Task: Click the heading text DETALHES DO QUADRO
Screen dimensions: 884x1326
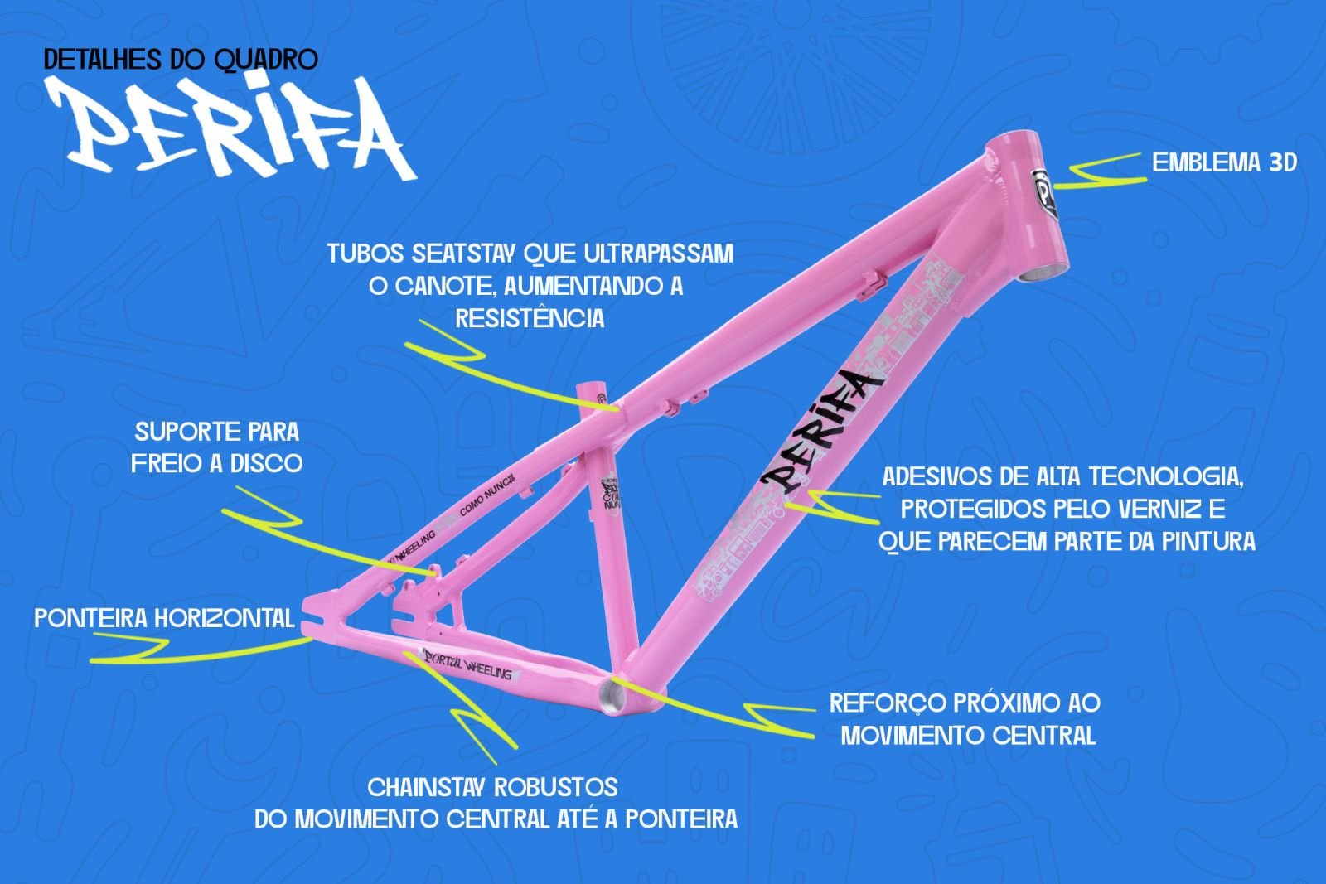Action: point(181,60)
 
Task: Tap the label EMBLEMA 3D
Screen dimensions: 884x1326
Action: point(1224,162)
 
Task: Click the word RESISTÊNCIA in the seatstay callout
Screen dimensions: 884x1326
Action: point(530,318)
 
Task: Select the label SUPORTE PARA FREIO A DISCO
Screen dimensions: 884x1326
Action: point(217,447)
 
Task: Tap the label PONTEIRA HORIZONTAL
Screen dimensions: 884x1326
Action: point(164,618)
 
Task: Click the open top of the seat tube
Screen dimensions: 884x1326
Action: point(593,386)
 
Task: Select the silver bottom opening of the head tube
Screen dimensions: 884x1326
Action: point(1041,273)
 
